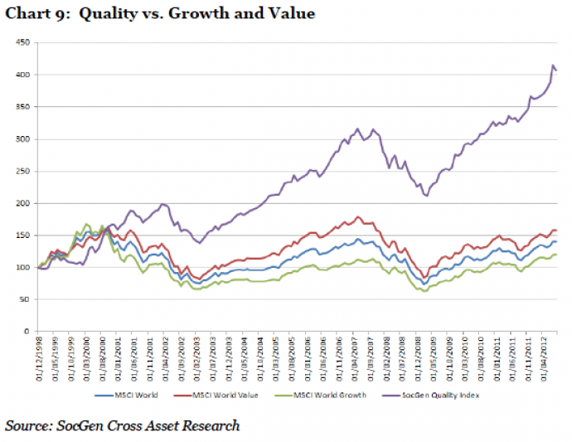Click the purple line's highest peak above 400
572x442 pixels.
553,65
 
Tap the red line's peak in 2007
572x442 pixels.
358,217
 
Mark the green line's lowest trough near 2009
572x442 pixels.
425,291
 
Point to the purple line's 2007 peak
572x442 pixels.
357,129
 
